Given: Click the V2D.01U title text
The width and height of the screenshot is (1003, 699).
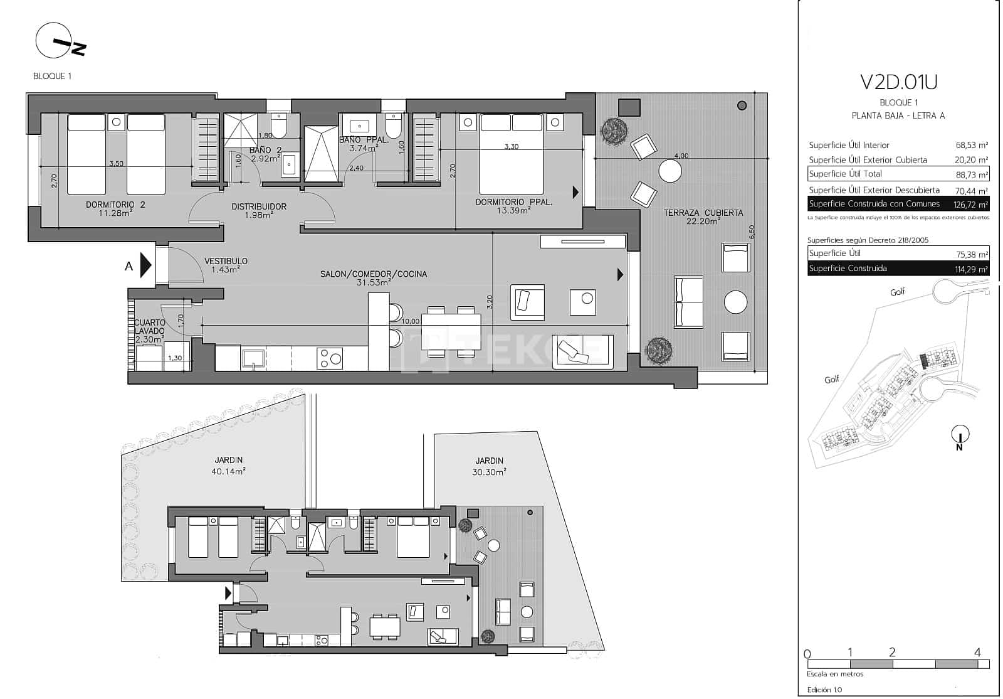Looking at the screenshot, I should click(898, 82).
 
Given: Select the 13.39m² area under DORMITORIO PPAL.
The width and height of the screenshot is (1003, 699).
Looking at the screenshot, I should click(513, 210).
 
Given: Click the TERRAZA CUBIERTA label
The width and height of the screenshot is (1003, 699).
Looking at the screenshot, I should click(703, 213).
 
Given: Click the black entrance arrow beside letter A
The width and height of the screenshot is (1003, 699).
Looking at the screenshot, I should click(145, 265).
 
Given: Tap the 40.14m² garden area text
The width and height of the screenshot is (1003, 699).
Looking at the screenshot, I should click(228, 471).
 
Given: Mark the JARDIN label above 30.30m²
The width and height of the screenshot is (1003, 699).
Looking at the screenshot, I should click(489, 461).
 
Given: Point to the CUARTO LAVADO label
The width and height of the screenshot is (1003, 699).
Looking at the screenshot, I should click(150, 327).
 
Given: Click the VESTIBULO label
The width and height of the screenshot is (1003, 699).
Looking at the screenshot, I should click(226, 261).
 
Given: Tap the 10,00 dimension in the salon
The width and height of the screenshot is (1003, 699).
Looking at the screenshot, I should click(411, 321).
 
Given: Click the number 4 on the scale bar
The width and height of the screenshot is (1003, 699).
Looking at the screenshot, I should click(977, 653).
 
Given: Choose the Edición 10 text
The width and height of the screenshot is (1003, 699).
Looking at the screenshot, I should click(824, 690).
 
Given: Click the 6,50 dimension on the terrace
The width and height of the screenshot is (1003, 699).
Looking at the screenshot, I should click(752, 231).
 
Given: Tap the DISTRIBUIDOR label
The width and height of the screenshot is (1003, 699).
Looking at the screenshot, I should click(259, 206).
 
